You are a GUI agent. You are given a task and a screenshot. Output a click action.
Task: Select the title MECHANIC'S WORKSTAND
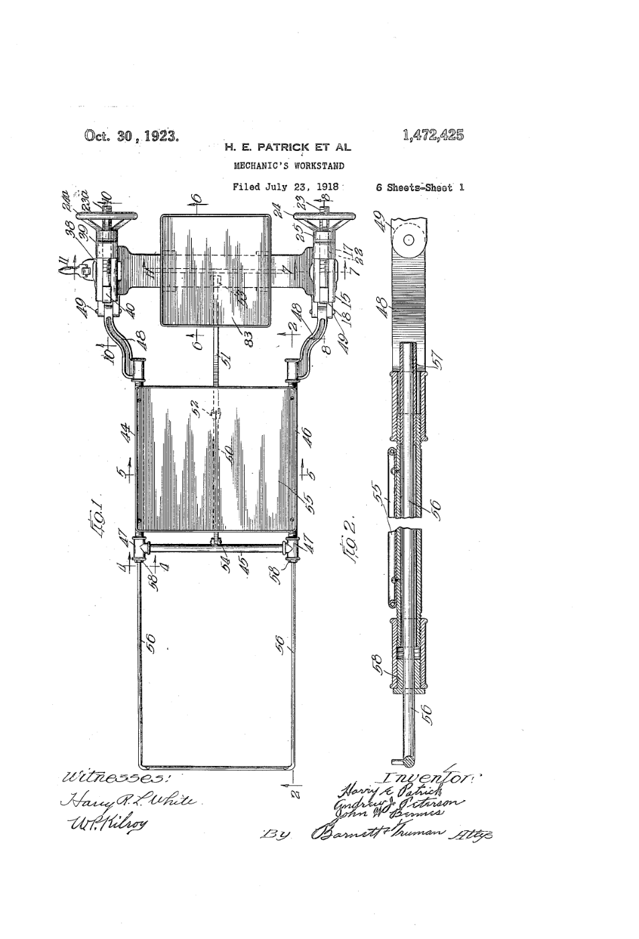[289, 165]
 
